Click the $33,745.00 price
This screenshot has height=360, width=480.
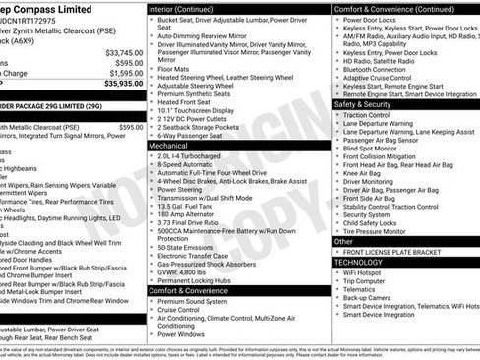point(123,52)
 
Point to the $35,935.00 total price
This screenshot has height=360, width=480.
point(123,84)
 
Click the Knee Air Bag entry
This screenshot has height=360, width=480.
point(366,173)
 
